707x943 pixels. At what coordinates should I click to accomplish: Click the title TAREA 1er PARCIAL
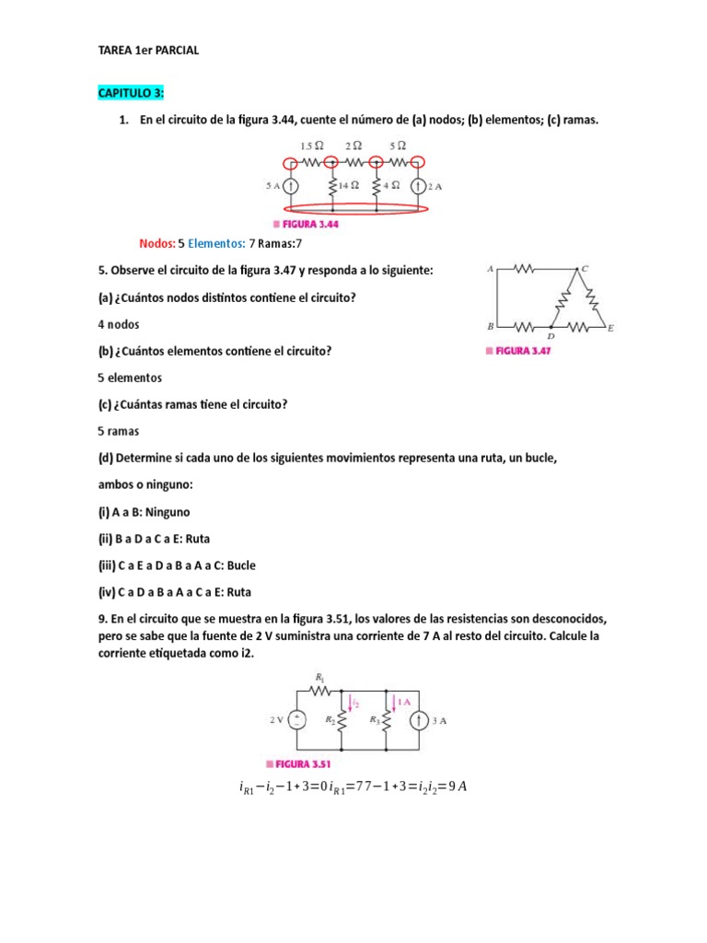click(x=147, y=52)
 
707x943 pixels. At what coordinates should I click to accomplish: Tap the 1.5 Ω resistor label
click(x=312, y=146)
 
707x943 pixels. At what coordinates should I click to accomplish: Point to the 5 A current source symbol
click(x=291, y=185)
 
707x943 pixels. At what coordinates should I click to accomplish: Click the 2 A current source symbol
click(x=417, y=185)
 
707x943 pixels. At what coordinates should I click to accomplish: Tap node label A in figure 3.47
click(x=491, y=269)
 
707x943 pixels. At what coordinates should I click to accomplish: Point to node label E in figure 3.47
click(x=612, y=327)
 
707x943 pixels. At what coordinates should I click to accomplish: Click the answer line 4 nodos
click(x=119, y=325)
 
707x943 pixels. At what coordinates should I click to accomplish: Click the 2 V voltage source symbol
click(x=299, y=721)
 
